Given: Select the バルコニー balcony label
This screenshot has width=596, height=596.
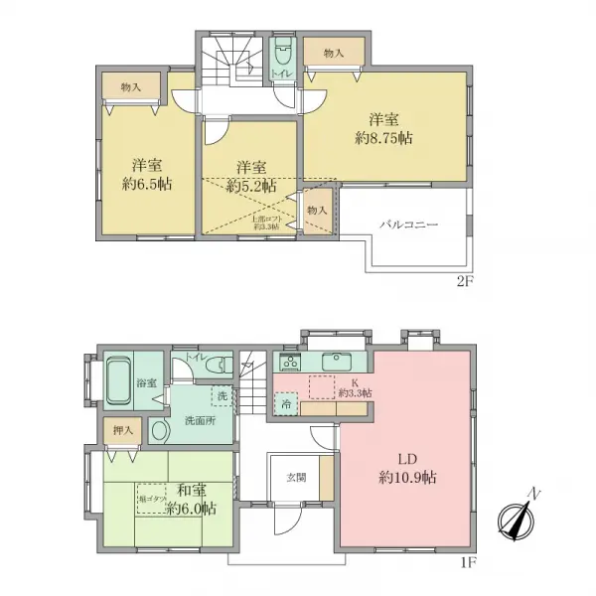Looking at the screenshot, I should tap(407, 224).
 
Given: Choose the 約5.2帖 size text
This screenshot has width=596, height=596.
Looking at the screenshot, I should tap(250, 185).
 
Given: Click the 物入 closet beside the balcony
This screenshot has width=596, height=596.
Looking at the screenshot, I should tap(317, 211).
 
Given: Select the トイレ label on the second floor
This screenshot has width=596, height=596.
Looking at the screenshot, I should tap(281, 73).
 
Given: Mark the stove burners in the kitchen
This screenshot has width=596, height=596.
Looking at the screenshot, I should tap(288, 362).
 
